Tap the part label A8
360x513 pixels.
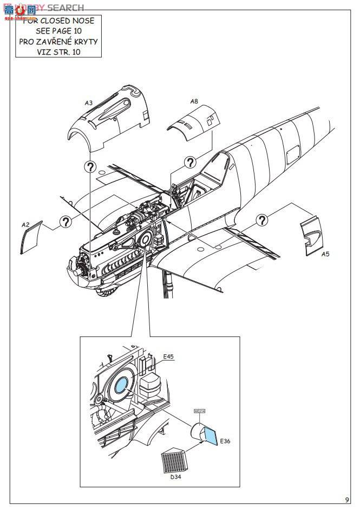[194, 101]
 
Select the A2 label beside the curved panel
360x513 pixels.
[25, 224]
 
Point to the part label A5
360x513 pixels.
[325, 254]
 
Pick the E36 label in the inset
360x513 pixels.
[226, 441]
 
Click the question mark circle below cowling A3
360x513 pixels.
[89, 167]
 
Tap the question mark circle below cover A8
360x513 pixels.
[189, 163]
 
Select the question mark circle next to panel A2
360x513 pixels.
[65, 221]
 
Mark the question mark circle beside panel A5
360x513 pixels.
[262, 219]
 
